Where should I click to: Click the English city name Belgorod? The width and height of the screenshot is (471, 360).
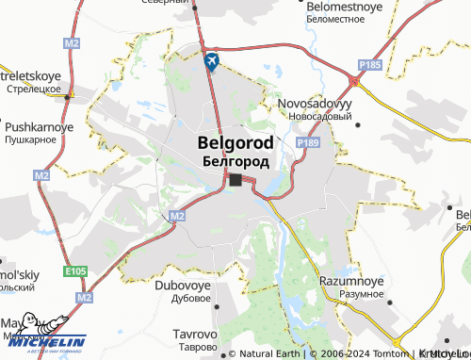(235, 143)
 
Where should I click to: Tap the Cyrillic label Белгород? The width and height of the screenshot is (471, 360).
(235, 161)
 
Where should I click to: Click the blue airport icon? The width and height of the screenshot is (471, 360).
(212, 61)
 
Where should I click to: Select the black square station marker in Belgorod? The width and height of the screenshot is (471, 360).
(235, 180)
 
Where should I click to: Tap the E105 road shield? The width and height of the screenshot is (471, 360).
(78, 271)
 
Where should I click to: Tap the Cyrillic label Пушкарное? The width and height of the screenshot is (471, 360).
(31, 139)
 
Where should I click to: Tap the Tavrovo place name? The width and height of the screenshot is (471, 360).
(196, 334)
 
